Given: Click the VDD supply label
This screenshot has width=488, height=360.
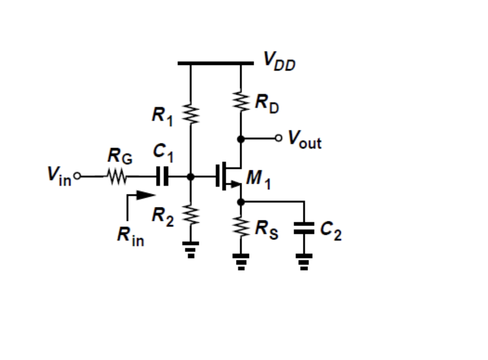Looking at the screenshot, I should (x=279, y=61).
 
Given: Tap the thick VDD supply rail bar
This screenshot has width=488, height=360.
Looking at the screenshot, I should (x=215, y=63).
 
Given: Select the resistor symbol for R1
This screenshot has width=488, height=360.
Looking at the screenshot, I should (x=190, y=114).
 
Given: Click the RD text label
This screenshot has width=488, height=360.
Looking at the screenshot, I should (x=267, y=105).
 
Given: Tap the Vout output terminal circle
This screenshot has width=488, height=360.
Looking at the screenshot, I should (x=278, y=138).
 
